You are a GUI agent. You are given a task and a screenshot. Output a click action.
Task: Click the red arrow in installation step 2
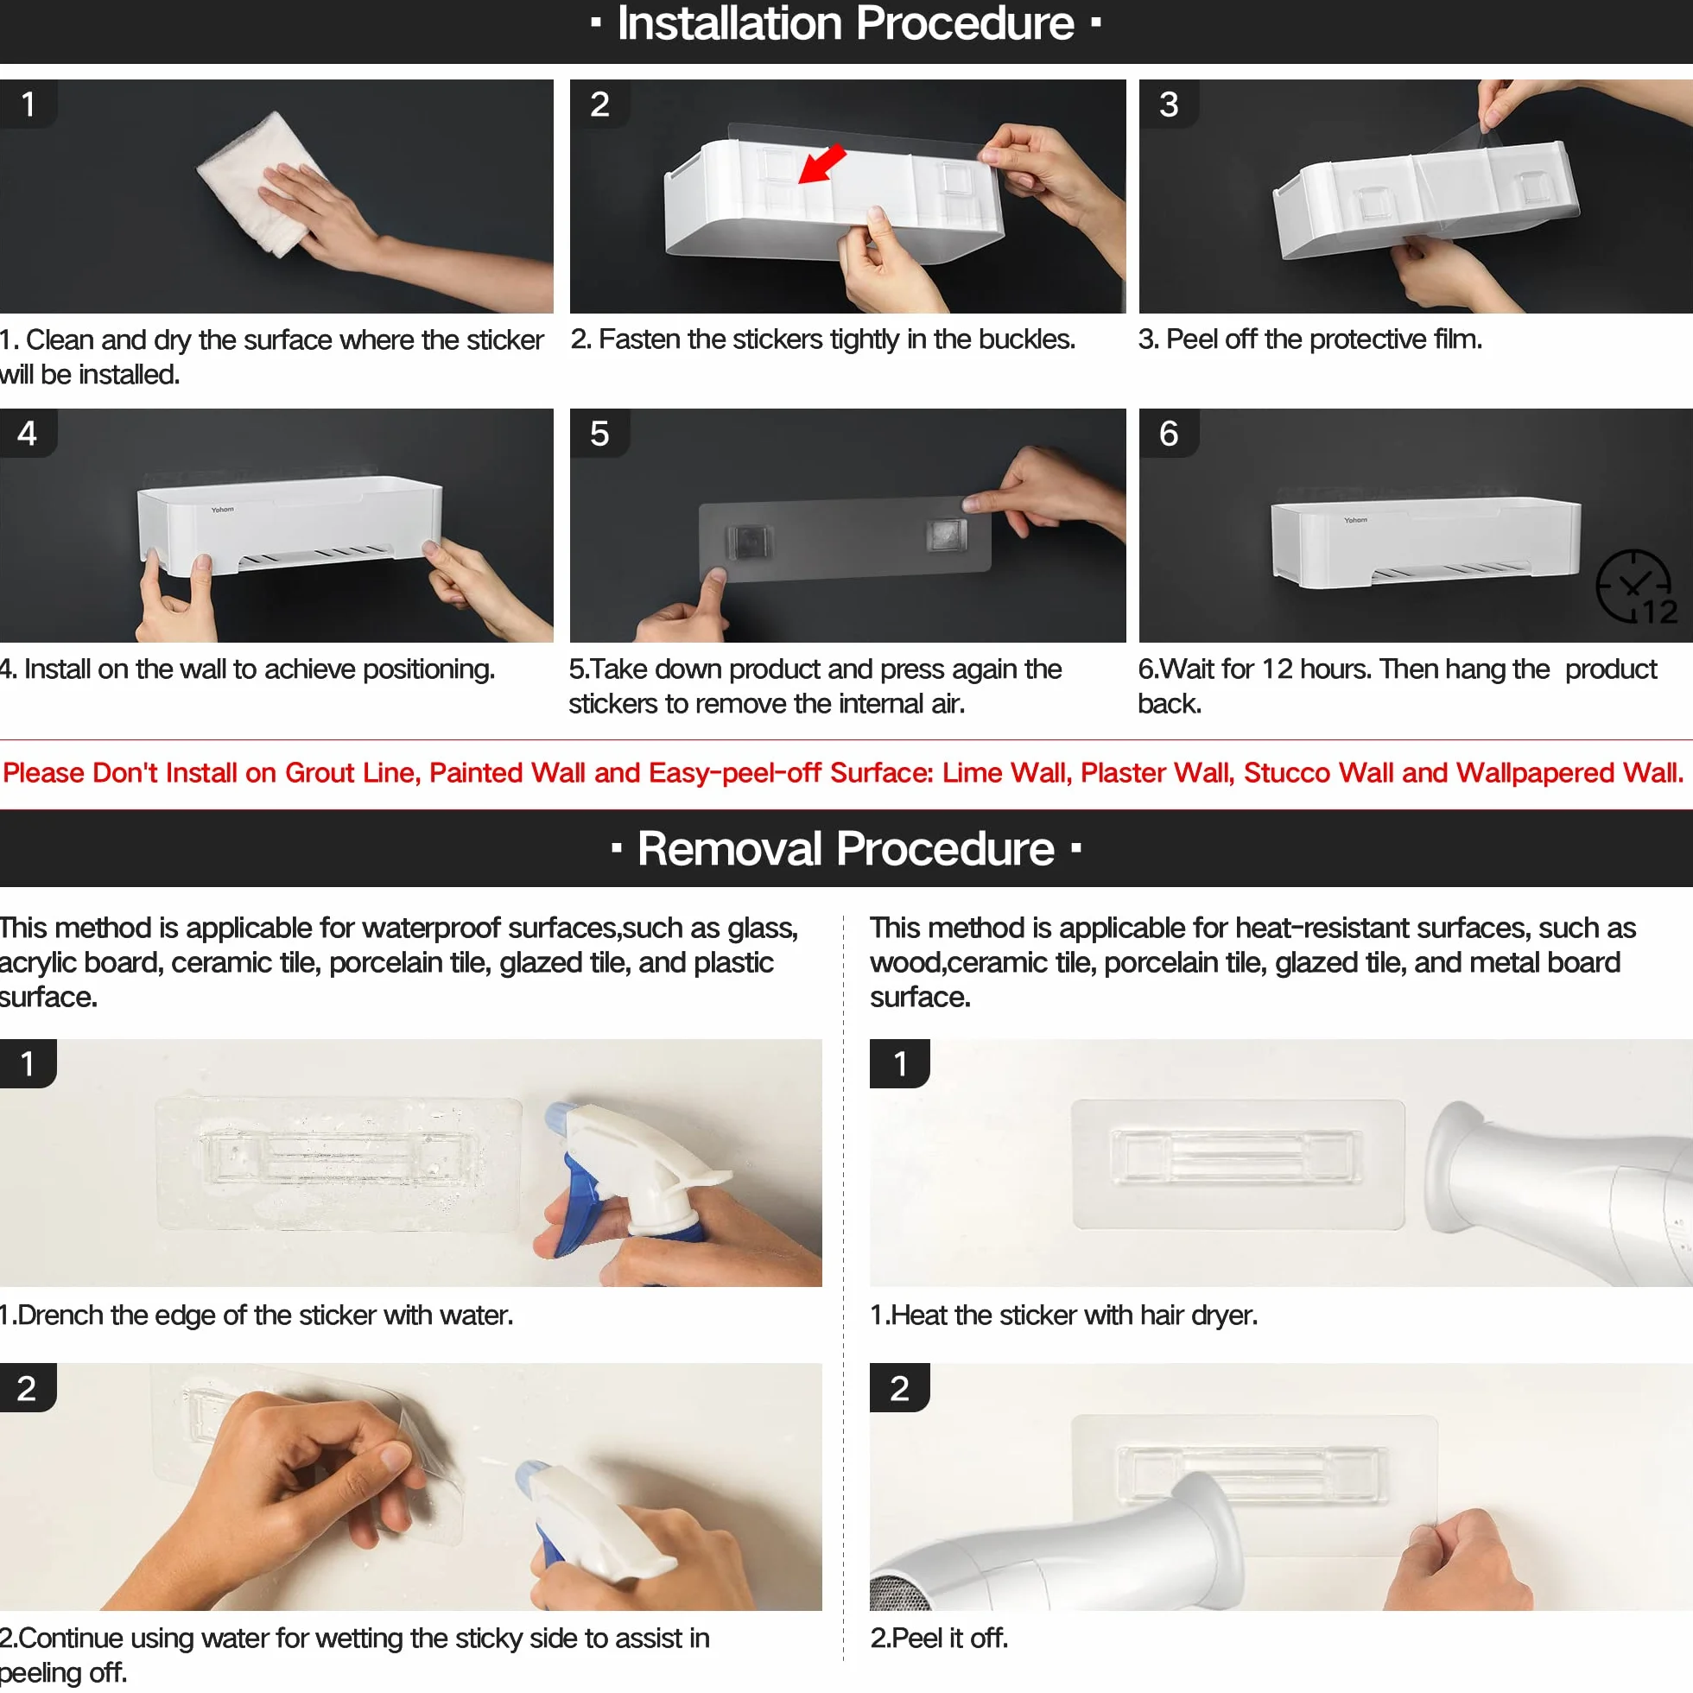(822, 164)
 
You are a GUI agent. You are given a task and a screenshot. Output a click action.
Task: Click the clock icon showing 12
(1635, 587)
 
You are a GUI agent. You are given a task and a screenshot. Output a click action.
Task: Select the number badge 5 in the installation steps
(599, 434)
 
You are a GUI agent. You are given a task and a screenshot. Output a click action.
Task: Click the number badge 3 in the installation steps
(1169, 105)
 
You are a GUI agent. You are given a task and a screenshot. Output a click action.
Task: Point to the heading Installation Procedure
(846, 23)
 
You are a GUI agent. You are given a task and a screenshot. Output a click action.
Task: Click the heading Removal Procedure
(846, 848)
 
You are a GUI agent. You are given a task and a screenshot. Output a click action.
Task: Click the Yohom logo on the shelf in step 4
(223, 509)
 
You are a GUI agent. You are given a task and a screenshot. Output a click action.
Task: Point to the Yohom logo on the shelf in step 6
(1355, 520)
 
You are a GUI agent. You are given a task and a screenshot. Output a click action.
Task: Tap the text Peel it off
(939, 1638)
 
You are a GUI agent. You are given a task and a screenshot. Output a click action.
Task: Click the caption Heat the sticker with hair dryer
(1064, 1315)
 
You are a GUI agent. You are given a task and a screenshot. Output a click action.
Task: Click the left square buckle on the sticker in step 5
(749, 541)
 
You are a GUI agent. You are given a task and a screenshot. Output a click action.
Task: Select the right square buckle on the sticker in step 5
(947, 533)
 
